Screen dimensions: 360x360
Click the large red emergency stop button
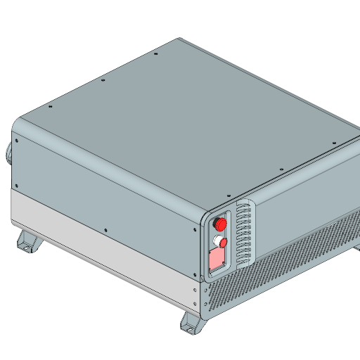[x=220, y=224]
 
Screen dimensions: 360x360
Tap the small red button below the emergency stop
[x=224, y=243]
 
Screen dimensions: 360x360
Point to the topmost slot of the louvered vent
[x=243, y=208]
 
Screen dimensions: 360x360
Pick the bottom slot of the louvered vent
[x=245, y=259]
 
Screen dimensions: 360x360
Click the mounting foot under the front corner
[x=192, y=323]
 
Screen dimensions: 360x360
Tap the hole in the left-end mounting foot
[x=29, y=245]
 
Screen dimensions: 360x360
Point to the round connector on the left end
[x=9, y=152]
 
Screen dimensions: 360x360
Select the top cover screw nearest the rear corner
[x=155, y=53]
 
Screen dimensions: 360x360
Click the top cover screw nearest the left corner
[x=51, y=107]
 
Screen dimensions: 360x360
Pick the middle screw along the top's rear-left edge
[x=103, y=80]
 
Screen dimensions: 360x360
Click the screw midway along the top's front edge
[x=281, y=169]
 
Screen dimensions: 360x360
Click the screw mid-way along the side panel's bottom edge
[x=105, y=229]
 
